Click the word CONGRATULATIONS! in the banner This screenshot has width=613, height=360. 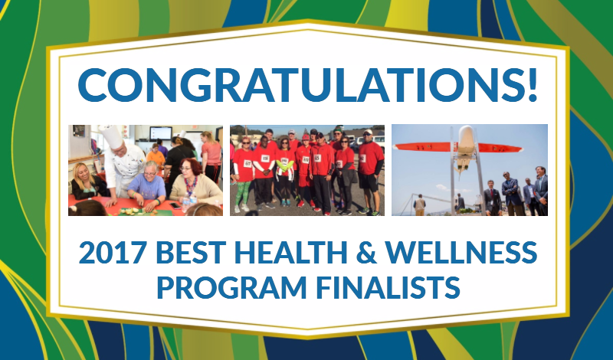[x=308, y=85]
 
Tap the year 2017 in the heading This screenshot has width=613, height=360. [x=113, y=253]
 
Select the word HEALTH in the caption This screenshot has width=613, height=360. [x=291, y=253]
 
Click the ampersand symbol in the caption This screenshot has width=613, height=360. [x=366, y=253]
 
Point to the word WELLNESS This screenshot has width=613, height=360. [x=461, y=253]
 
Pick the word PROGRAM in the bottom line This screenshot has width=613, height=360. [x=231, y=287]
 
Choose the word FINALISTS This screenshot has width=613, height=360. [x=388, y=287]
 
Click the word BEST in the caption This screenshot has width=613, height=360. [x=191, y=253]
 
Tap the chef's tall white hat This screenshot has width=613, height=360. [x=112, y=136]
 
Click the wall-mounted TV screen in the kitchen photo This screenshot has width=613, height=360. [x=161, y=133]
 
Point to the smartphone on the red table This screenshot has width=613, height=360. [x=175, y=205]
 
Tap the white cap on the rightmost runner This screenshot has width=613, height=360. [x=369, y=132]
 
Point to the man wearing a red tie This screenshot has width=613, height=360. [x=492, y=198]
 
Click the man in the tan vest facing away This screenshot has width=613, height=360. [x=419, y=205]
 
